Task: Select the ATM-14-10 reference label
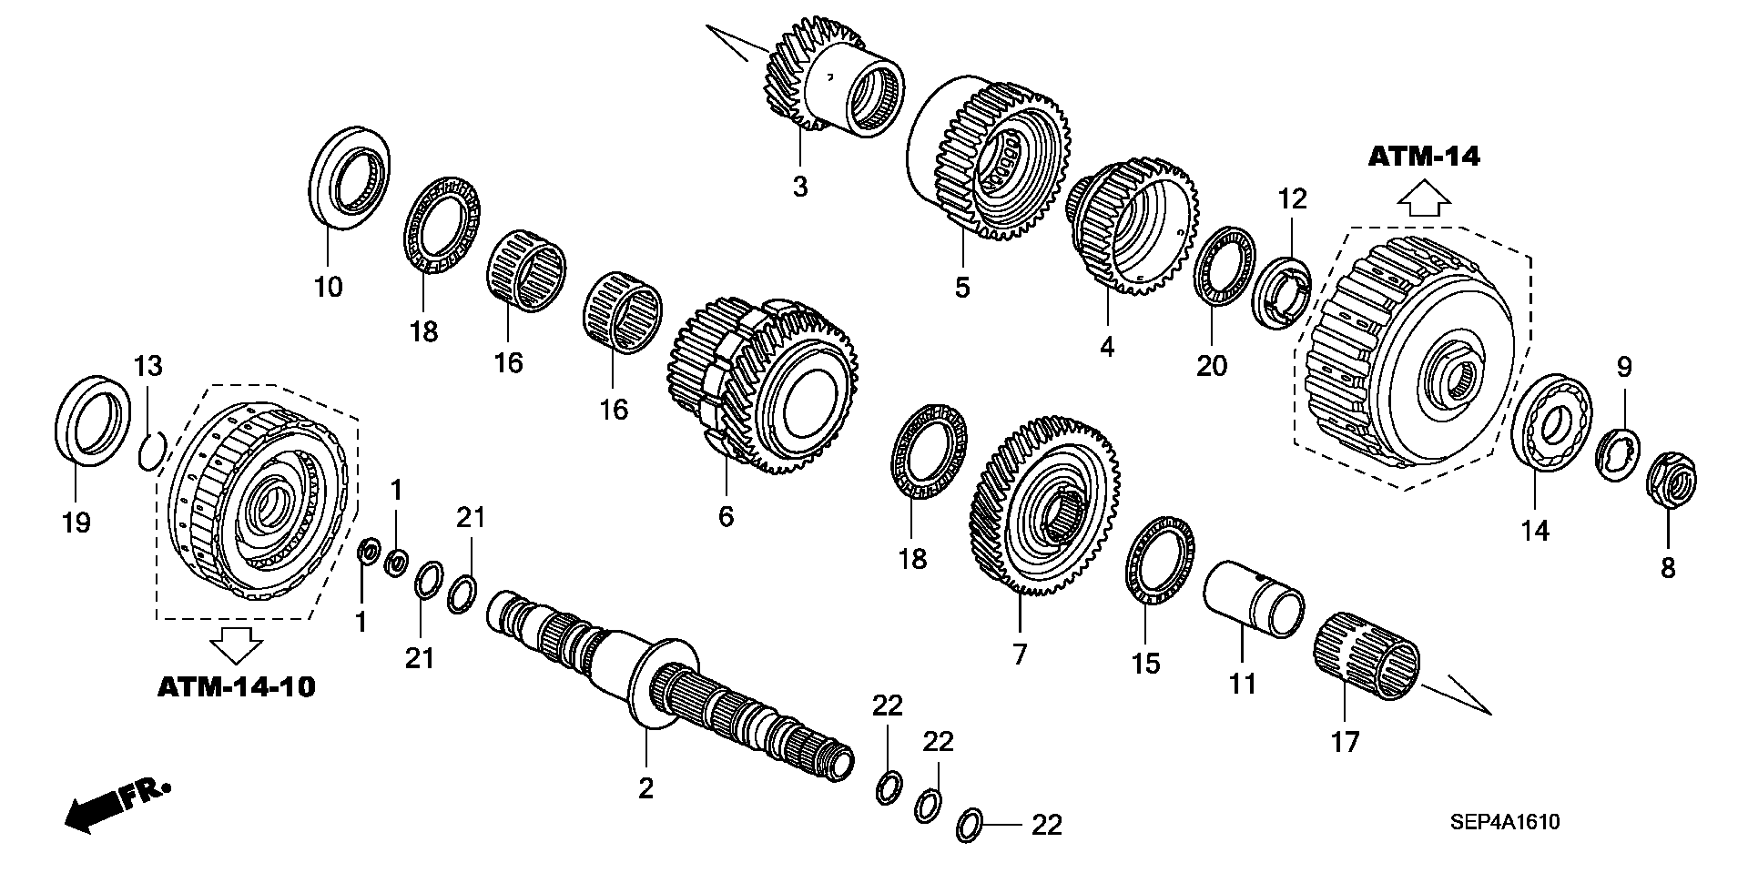point(236,686)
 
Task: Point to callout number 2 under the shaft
point(645,788)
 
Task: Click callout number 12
point(1292,198)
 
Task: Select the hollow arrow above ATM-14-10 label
point(236,645)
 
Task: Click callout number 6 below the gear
point(725,516)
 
